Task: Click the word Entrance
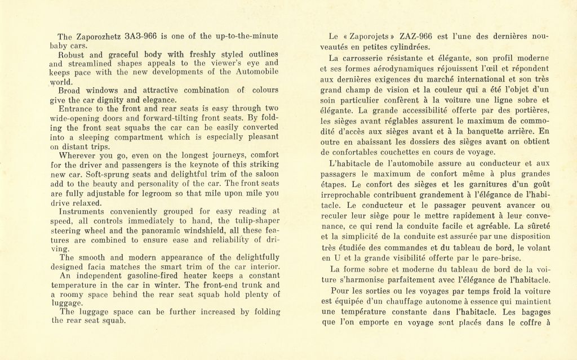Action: (x=79, y=109)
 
